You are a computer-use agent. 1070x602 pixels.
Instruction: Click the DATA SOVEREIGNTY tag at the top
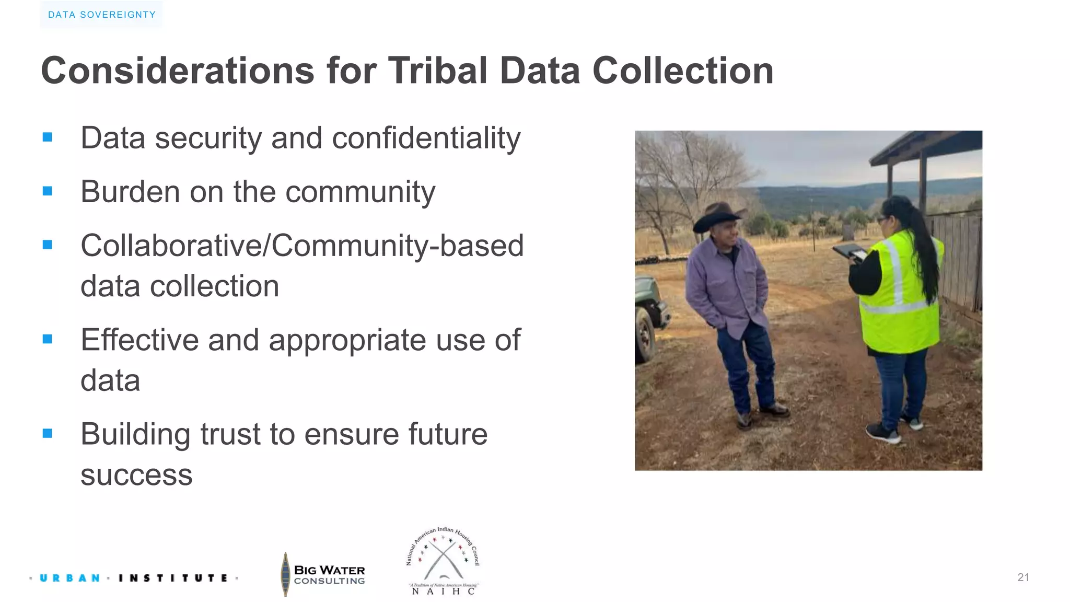101,15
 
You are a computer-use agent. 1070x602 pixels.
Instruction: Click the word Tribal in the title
437,71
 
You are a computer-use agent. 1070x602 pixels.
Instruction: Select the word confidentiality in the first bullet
426,138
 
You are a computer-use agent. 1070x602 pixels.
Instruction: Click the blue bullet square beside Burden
48,191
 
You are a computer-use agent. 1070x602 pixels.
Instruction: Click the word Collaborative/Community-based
302,246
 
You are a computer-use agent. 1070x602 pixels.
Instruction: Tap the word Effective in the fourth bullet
139,340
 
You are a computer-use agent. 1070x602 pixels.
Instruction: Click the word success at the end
136,475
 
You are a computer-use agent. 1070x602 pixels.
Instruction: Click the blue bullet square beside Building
48,433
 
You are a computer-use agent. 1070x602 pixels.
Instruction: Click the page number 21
1023,577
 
